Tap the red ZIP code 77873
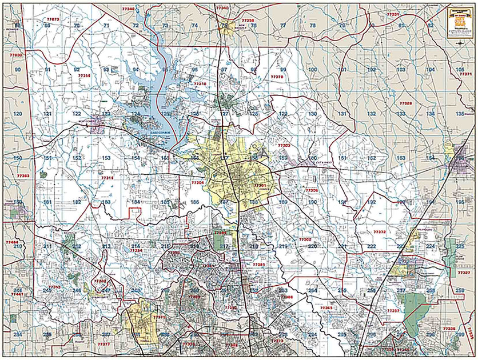pos(53,19)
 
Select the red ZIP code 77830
pos(17,55)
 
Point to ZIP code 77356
pos(84,75)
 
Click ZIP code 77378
pos(277,76)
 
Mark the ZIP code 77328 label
pos(406,103)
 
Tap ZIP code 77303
pos(284,146)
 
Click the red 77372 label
pos(379,232)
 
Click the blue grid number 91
pos(48,70)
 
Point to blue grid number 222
pos(372,246)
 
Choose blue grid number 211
pos(47,246)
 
